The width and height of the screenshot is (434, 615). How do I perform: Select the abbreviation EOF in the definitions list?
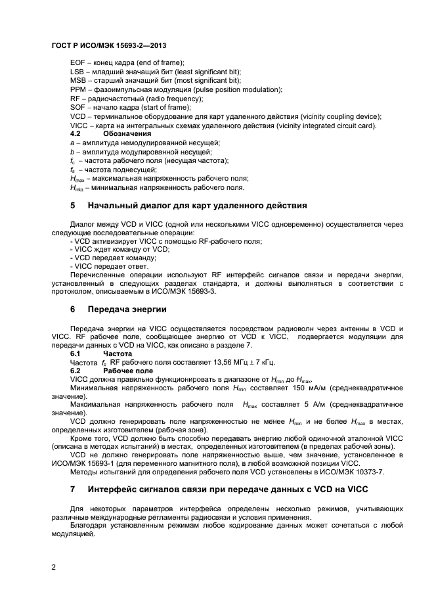77,62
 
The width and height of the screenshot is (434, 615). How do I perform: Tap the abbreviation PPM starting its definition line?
78,89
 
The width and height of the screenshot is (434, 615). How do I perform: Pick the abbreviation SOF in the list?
77,107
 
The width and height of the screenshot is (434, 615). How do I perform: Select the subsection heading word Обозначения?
127,133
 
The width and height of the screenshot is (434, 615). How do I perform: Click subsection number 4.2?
75,133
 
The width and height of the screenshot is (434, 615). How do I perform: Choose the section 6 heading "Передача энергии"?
127,309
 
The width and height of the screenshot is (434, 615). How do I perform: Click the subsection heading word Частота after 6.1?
118,353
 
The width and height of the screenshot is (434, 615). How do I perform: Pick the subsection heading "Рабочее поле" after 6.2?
128,371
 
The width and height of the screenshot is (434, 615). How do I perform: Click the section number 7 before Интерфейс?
73,490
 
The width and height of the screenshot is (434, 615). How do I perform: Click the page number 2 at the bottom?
54,568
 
